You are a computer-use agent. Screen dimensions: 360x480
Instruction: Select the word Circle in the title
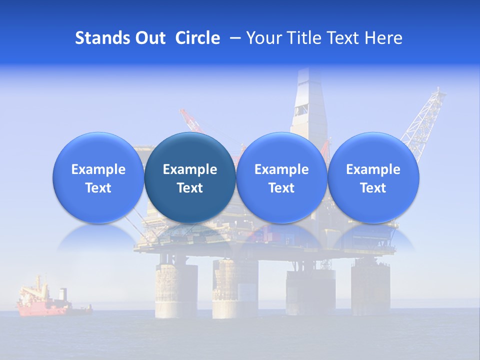pyautogui.click(x=197, y=38)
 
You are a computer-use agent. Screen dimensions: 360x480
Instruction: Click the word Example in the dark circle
pyautogui.click(x=190, y=169)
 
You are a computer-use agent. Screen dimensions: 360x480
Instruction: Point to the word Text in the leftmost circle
pyautogui.click(x=98, y=188)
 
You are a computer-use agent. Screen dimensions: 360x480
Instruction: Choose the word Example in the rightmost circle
pyautogui.click(x=373, y=169)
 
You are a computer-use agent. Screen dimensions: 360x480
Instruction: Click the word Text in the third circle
pyautogui.click(x=281, y=188)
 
